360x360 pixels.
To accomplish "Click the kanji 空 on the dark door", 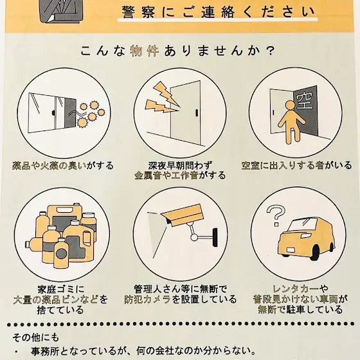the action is click(x=305, y=102).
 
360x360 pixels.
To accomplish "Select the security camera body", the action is click(x=183, y=215).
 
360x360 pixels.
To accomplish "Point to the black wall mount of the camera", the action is click(x=215, y=237).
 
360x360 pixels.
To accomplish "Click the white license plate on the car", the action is click(x=291, y=250).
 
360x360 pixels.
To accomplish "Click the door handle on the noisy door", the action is click(x=197, y=113).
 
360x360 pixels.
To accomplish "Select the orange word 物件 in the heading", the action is click(x=145, y=51).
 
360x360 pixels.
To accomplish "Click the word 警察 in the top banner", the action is click(x=138, y=12).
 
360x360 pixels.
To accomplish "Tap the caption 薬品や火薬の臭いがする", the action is click(x=63, y=166).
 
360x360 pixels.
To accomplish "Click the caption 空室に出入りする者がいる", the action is click(x=296, y=165).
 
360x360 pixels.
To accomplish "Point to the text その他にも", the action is click(x=35, y=337).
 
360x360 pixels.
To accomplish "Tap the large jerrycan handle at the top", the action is click(x=64, y=210).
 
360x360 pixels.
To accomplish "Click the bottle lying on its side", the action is click(x=35, y=244).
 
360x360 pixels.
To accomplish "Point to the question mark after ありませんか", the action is click(x=271, y=51).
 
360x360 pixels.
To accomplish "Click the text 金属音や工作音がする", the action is click(x=180, y=175).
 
